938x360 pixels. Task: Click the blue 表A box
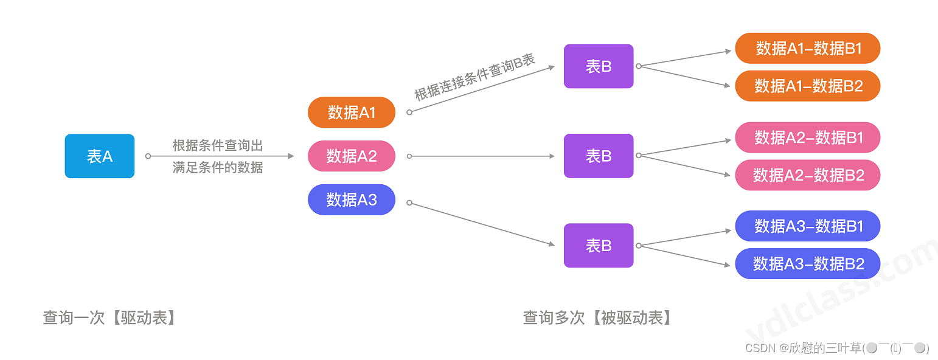(x=100, y=156)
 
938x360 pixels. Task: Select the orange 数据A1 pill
(x=352, y=112)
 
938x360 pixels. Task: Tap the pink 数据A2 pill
(x=352, y=156)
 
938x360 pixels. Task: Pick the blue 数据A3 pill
(x=352, y=199)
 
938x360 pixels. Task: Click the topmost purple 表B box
(x=599, y=66)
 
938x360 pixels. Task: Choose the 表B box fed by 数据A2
(x=599, y=156)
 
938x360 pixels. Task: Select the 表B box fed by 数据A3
(x=599, y=246)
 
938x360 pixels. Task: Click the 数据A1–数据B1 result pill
(x=808, y=49)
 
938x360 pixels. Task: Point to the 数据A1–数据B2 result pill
(x=808, y=86)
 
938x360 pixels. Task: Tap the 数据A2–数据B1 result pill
(x=808, y=138)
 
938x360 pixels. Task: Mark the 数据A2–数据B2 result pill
(x=808, y=175)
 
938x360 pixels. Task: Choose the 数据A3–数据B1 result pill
(x=808, y=226)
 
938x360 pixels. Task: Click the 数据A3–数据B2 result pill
(x=808, y=263)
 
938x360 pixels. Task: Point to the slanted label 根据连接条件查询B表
(x=474, y=77)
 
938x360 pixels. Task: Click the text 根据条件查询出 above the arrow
(x=218, y=146)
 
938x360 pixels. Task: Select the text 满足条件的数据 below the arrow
(x=218, y=168)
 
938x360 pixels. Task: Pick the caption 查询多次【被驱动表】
(x=599, y=317)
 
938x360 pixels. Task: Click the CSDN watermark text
(x=836, y=348)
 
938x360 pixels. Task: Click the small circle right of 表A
(x=148, y=156)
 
